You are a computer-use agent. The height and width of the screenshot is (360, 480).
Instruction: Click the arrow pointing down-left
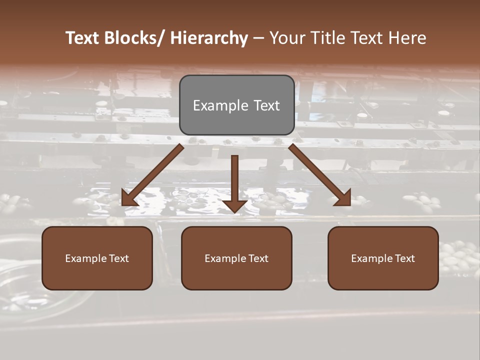pyautogui.click(x=152, y=175)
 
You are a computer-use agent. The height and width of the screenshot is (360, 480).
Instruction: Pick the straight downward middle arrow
pyautogui.click(x=234, y=182)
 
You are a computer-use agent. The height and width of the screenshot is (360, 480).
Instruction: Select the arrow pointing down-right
pyautogui.click(x=320, y=175)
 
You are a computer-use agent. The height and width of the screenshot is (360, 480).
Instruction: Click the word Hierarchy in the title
pyautogui.click(x=208, y=38)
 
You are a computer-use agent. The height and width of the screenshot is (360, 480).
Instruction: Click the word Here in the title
pyautogui.click(x=408, y=38)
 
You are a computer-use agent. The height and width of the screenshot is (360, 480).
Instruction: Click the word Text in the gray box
pyautogui.click(x=265, y=106)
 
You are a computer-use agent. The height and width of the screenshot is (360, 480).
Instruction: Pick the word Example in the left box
pyautogui.click(x=86, y=258)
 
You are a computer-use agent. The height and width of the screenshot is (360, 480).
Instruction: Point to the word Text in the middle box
pyautogui.click(x=258, y=258)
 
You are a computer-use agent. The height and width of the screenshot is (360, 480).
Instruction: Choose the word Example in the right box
pyautogui.click(x=372, y=258)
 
